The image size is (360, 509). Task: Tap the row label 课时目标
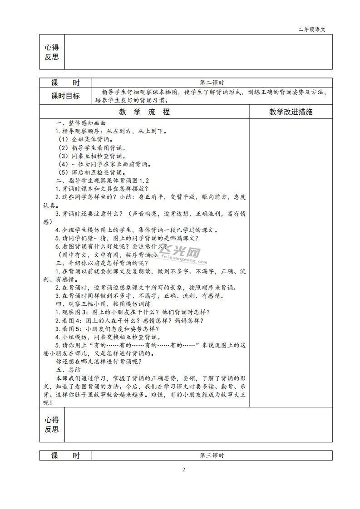[65, 96]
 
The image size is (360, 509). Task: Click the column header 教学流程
[144, 112]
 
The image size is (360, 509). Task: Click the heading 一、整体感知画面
[81, 123]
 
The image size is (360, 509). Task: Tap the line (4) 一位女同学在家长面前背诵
[104, 164]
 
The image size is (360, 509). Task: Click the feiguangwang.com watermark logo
[182, 255]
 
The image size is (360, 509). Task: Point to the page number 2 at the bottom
[184, 470]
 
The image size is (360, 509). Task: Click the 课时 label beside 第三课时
[65, 455]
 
